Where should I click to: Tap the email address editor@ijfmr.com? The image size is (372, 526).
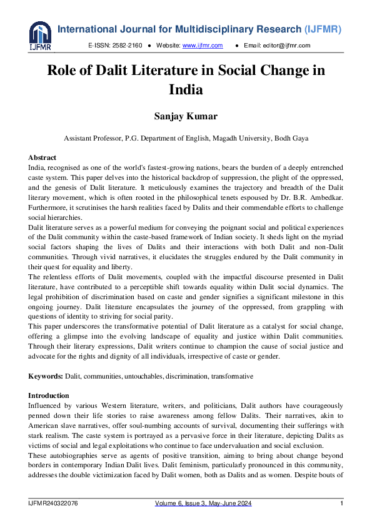point(286,46)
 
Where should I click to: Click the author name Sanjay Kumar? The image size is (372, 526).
point(186,117)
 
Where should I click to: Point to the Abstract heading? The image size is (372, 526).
point(43,157)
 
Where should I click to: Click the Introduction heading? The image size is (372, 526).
point(49,395)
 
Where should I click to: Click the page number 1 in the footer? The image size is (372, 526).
point(341,504)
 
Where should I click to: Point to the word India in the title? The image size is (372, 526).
point(186,89)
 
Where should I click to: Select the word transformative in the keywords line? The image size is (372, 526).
point(232,377)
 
